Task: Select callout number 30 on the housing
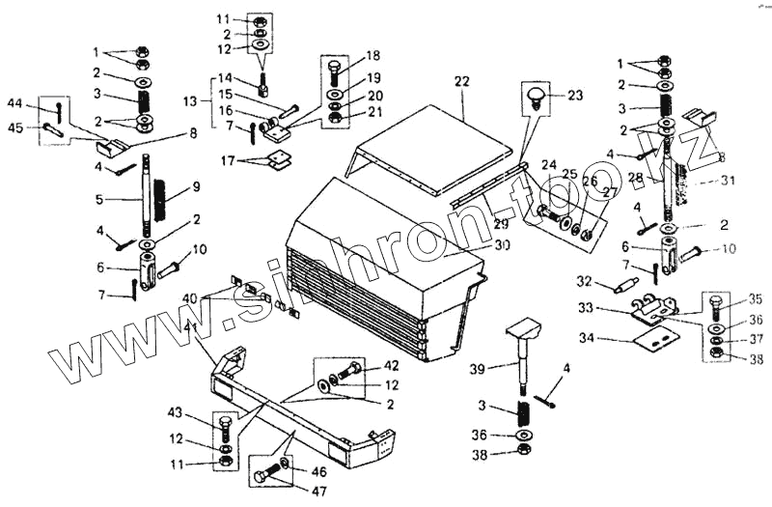point(501,245)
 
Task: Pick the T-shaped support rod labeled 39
point(523,358)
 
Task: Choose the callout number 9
point(196,185)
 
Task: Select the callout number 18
point(372,56)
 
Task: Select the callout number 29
point(501,224)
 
